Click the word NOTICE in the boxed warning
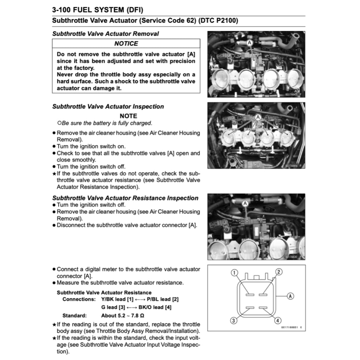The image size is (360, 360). [126, 44]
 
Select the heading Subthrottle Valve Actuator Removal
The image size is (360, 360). [105, 34]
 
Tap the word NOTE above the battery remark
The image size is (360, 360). [128, 116]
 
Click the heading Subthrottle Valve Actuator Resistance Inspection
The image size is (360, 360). [125, 198]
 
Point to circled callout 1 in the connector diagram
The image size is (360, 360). [235, 272]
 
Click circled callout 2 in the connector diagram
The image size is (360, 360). [278, 272]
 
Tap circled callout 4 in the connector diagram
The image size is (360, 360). [278, 320]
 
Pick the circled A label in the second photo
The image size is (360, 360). [258, 117]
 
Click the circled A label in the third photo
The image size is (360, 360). [245, 203]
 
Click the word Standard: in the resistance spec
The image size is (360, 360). [75, 315]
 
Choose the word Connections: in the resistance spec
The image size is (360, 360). [79, 299]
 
